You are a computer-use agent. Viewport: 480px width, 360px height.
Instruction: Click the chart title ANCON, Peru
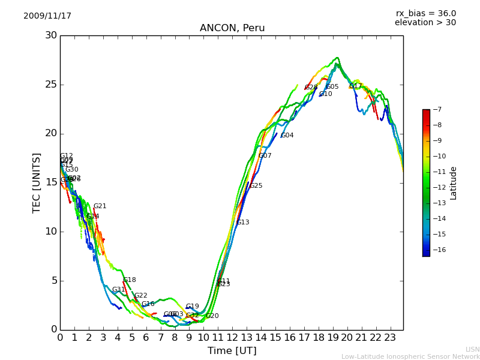(232, 28)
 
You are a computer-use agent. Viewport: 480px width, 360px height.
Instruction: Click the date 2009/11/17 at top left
(47, 16)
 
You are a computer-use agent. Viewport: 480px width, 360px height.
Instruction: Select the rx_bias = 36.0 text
(425, 14)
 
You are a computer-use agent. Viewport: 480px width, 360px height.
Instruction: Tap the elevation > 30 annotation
(425, 23)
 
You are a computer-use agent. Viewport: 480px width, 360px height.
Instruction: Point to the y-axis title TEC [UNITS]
(37, 182)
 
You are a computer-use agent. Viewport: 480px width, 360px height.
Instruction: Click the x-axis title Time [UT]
(232, 351)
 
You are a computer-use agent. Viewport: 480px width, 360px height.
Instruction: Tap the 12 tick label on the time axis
(232, 338)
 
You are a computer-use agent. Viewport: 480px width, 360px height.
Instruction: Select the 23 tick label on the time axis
(390, 338)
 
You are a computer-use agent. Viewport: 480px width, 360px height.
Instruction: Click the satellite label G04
(287, 136)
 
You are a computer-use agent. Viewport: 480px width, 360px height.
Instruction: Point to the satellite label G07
(265, 156)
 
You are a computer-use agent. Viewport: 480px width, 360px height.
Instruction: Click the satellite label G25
(256, 186)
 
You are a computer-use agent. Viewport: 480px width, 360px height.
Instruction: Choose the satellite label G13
(243, 223)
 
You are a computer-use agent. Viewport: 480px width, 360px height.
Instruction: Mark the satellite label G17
(356, 86)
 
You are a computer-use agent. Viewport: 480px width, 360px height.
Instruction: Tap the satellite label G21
(100, 206)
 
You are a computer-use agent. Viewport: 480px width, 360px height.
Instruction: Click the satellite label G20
(212, 316)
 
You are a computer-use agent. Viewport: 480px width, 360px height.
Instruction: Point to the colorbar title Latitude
(454, 183)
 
